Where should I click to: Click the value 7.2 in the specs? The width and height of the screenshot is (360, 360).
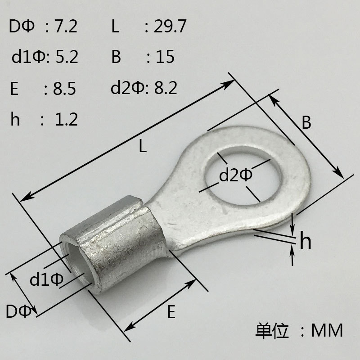point(66,27)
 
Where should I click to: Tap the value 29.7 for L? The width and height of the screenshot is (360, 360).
point(170,27)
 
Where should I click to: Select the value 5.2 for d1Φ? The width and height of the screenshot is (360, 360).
point(67,58)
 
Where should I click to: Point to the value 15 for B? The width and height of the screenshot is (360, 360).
point(165,58)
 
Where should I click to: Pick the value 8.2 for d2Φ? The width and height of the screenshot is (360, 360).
point(166,88)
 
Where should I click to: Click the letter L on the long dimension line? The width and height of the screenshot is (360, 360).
point(143,147)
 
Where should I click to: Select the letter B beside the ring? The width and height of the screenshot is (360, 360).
point(306,123)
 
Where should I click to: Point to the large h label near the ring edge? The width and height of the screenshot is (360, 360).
point(306,242)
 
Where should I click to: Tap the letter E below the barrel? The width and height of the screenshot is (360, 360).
point(171,312)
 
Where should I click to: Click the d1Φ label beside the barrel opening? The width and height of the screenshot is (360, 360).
point(47,280)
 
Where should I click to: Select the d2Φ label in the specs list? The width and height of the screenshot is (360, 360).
point(126,88)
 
